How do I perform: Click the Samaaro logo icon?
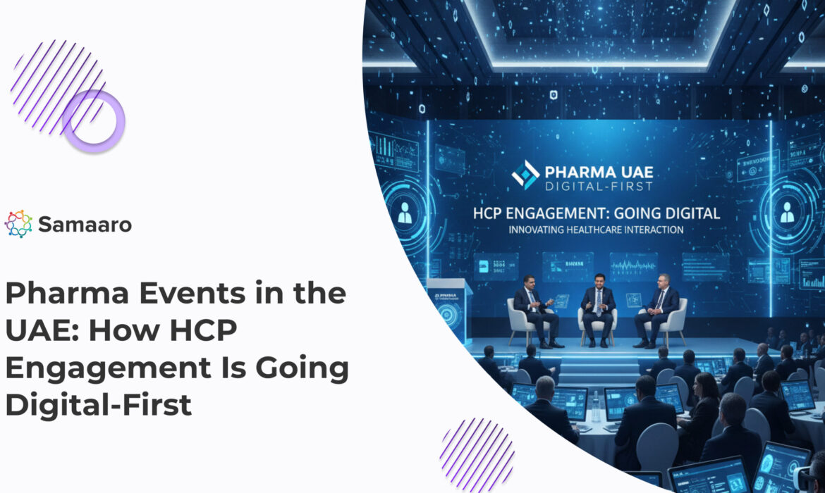tap(18, 224)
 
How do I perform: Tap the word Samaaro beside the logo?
tap(85, 225)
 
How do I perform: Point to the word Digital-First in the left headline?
tap(98, 406)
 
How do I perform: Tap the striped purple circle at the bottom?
tap(477, 454)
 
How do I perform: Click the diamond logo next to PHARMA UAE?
tap(525, 175)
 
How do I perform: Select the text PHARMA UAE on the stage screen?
tap(599, 171)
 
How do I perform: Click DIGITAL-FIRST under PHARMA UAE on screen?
tap(599, 187)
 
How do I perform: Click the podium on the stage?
tap(448, 310)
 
